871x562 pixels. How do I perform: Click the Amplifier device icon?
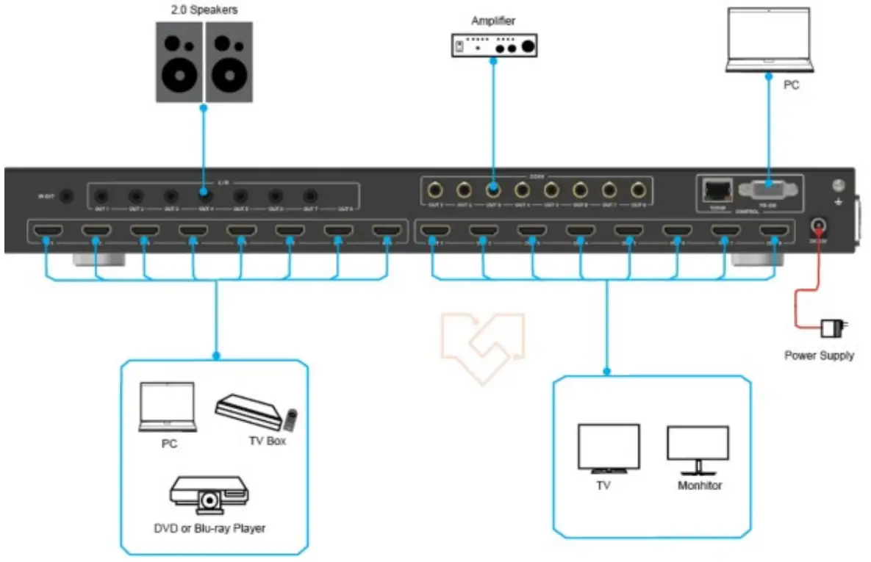pos(494,46)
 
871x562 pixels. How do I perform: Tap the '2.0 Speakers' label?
pos(204,11)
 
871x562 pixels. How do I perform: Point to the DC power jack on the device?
pos(818,227)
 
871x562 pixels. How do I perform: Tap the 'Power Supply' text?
pos(819,356)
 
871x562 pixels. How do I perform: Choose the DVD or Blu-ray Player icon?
pos(209,494)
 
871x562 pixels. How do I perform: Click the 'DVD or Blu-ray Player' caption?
pos(209,527)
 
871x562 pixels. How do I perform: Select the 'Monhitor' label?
pos(699,486)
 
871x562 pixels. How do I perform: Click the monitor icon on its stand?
pos(698,449)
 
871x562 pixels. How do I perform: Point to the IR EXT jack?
pos(68,196)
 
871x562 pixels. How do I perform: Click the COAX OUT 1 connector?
pos(435,190)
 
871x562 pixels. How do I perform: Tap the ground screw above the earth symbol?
pos(836,187)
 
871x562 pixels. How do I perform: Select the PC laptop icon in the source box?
pos(168,408)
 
